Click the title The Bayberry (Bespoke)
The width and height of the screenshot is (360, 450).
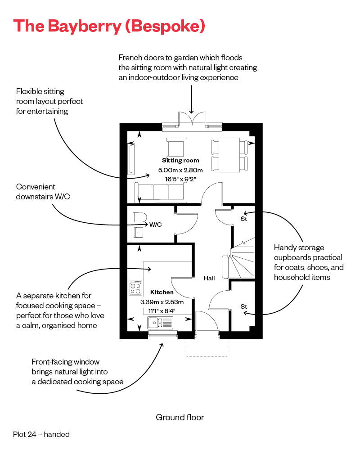coord(109,26)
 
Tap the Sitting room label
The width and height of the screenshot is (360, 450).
coord(180,160)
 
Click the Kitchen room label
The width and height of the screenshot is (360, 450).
coord(162,292)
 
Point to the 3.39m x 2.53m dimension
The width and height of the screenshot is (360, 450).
coord(162,301)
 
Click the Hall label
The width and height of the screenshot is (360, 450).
coord(209,278)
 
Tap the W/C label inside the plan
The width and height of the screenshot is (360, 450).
coord(156,224)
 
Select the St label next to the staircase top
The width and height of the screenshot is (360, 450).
coord(244,219)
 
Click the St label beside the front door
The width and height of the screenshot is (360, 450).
coord(244,306)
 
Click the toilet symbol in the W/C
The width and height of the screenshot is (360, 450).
coord(140,217)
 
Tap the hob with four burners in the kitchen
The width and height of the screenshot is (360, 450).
coord(135,288)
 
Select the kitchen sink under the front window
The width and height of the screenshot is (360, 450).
coord(160,322)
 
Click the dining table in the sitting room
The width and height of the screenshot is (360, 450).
coord(229,155)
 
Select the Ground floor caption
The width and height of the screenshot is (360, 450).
coord(180,417)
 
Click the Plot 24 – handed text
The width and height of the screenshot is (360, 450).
coord(41,434)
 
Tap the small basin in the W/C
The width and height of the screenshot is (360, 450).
coord(138,232)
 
